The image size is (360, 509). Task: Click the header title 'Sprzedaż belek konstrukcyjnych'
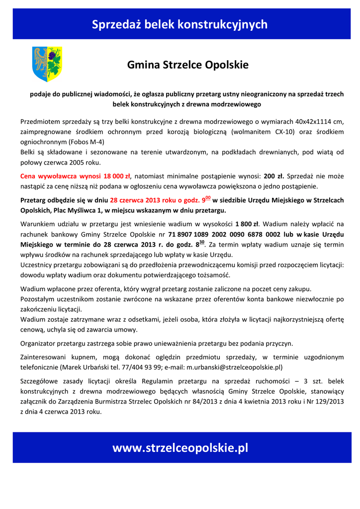coord(180,24)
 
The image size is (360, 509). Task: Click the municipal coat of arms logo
coord(47,64)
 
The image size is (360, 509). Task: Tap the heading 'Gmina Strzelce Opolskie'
coord(188,65)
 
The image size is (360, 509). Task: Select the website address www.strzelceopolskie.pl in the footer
coord(180,448)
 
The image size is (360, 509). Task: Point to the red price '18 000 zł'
coord(117,176)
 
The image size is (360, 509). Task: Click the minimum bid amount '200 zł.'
coord(273,176)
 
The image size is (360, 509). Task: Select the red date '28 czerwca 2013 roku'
coord(141,200)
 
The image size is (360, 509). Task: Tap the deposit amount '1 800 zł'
coord(247,224)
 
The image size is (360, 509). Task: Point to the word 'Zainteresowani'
coord(44,357)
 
